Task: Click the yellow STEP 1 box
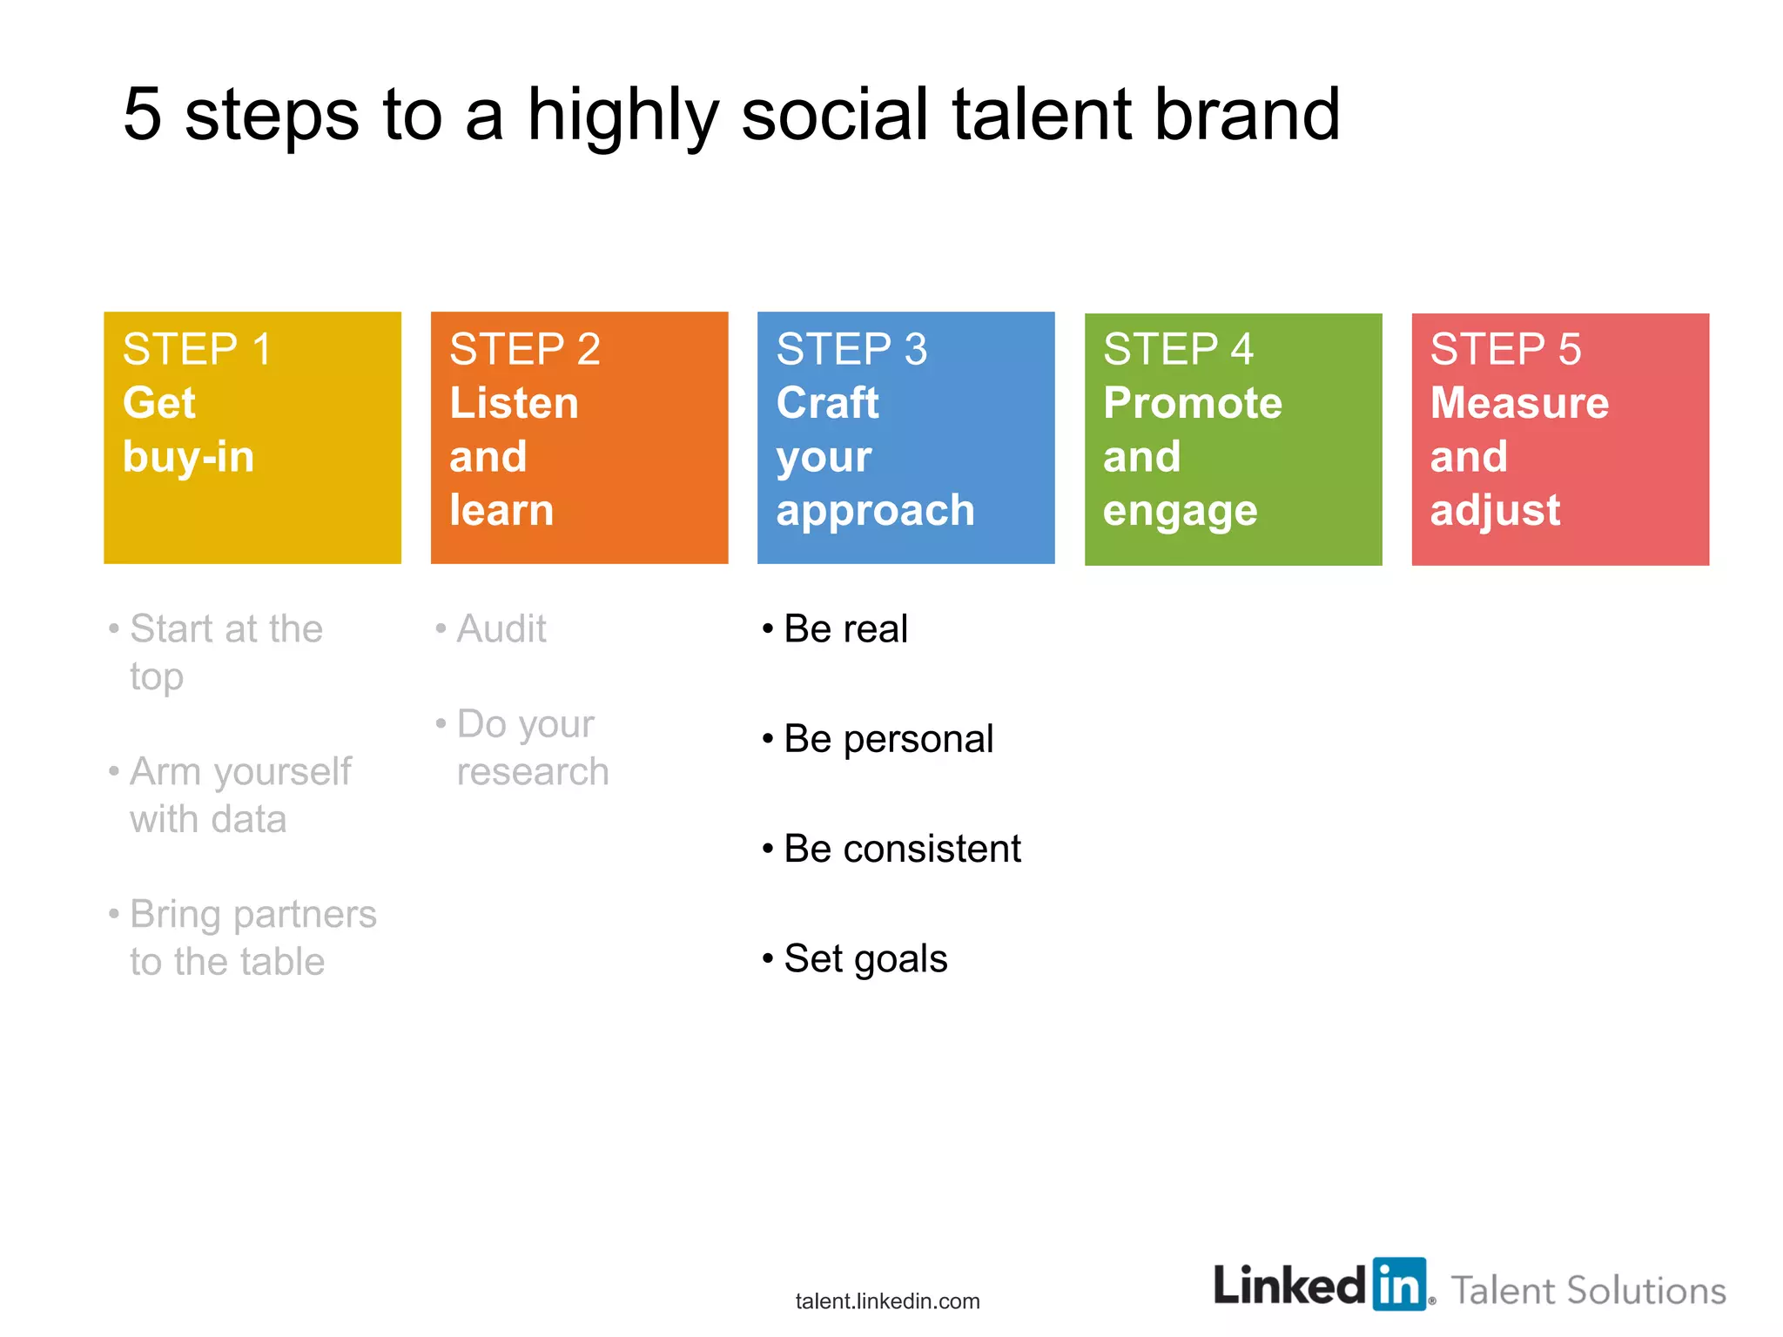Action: point(252,438)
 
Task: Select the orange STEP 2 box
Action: point(579,438)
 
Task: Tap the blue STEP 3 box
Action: point(905,438)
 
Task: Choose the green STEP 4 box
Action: point(1233,439)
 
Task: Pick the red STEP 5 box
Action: point(1560,439)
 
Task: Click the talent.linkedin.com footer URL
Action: point(887,1300)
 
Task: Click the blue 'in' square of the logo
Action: point(1399,1284)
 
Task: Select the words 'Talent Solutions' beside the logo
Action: point(1588,1290)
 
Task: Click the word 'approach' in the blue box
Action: point(875,511)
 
